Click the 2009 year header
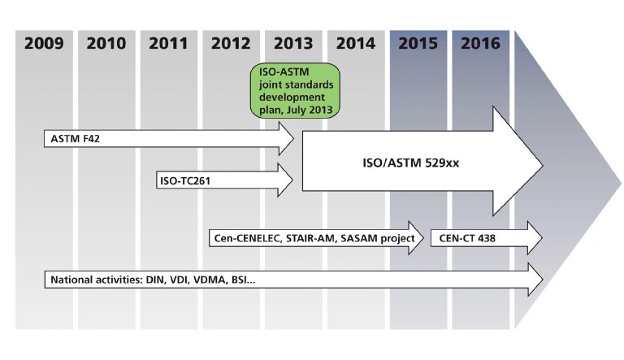click(x=45, y=44)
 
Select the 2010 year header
click(x=106, y=44)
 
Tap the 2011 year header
click(x=169, y=44)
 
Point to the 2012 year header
click(x=231, y=44)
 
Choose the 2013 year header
click(x=293, y=44)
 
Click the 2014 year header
click(x=356, y=44)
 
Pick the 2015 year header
click(x=418, y=44)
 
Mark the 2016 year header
click(x=480, y=44)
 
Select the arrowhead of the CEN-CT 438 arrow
click(x=533, y=238)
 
